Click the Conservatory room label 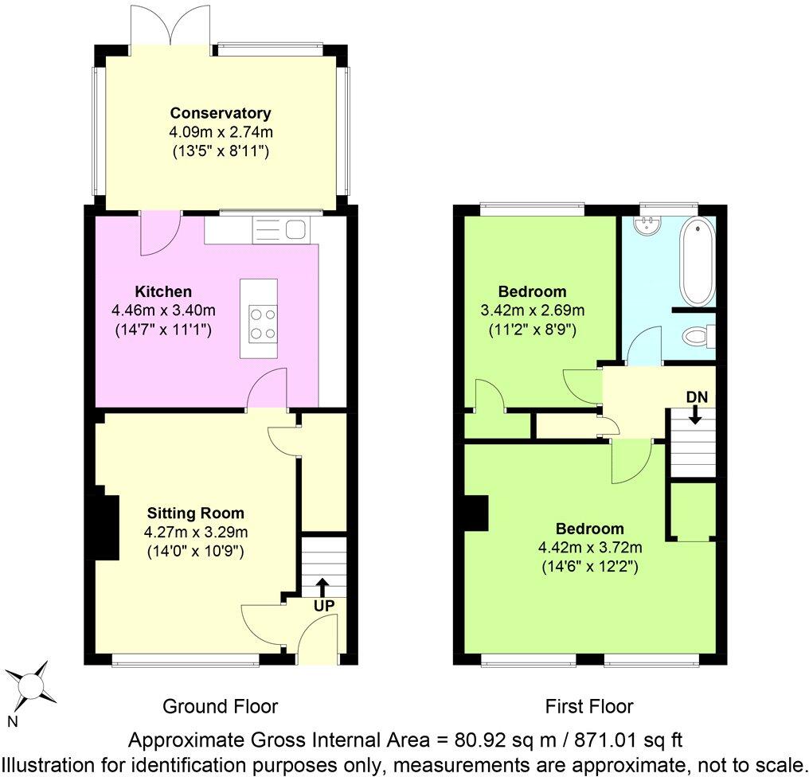click(221, 113)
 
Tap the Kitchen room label click(163, 291)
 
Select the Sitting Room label click(195, 513)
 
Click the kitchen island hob click(260, 323)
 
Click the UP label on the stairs click(324, 605)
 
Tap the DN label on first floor click(695, 396)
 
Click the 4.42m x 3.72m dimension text click(589, 548)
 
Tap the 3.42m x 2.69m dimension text click(532, 310)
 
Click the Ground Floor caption click(220, 706)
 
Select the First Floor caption click(589, 706)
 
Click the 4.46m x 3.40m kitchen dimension click(164, 310)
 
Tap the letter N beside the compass click(12, 722)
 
